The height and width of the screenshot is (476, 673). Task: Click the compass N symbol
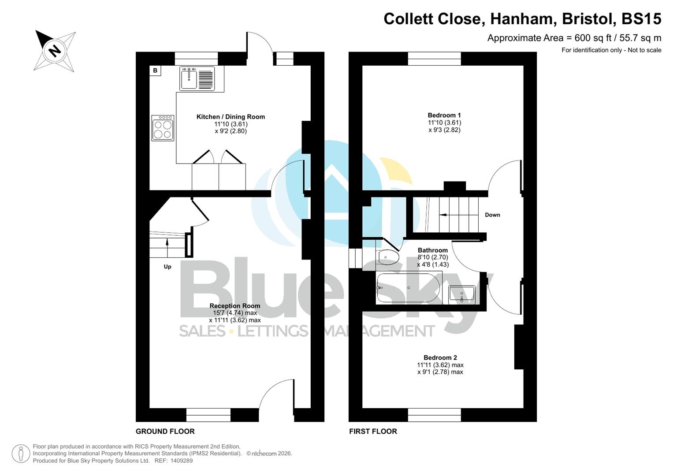point(55,51)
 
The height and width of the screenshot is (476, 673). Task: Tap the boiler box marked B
point(155,71)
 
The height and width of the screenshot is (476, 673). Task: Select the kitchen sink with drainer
point(197,79)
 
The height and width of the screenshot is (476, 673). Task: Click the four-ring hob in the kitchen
point(163,128)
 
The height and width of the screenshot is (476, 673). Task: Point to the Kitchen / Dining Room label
point(231,117)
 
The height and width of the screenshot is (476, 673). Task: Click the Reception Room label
point(234,306)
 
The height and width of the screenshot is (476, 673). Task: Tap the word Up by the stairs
point(167,267)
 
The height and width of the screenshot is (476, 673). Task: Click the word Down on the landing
point(492,215)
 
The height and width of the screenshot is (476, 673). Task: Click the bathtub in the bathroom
point(408,288)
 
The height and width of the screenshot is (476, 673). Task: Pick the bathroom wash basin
point(461,295)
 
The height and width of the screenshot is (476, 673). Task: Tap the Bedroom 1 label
point(444,115)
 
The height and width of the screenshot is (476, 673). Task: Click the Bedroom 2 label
point(440,358)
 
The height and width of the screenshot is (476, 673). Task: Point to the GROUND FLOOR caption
point(165,431)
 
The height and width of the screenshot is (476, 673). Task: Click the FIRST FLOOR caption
point(373,431)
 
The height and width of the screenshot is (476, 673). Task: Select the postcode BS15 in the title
point(641,19)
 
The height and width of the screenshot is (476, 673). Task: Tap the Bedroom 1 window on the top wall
point(435,59)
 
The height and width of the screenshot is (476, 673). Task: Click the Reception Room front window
point(208,415)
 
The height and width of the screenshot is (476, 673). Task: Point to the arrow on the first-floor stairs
point(443,215)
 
